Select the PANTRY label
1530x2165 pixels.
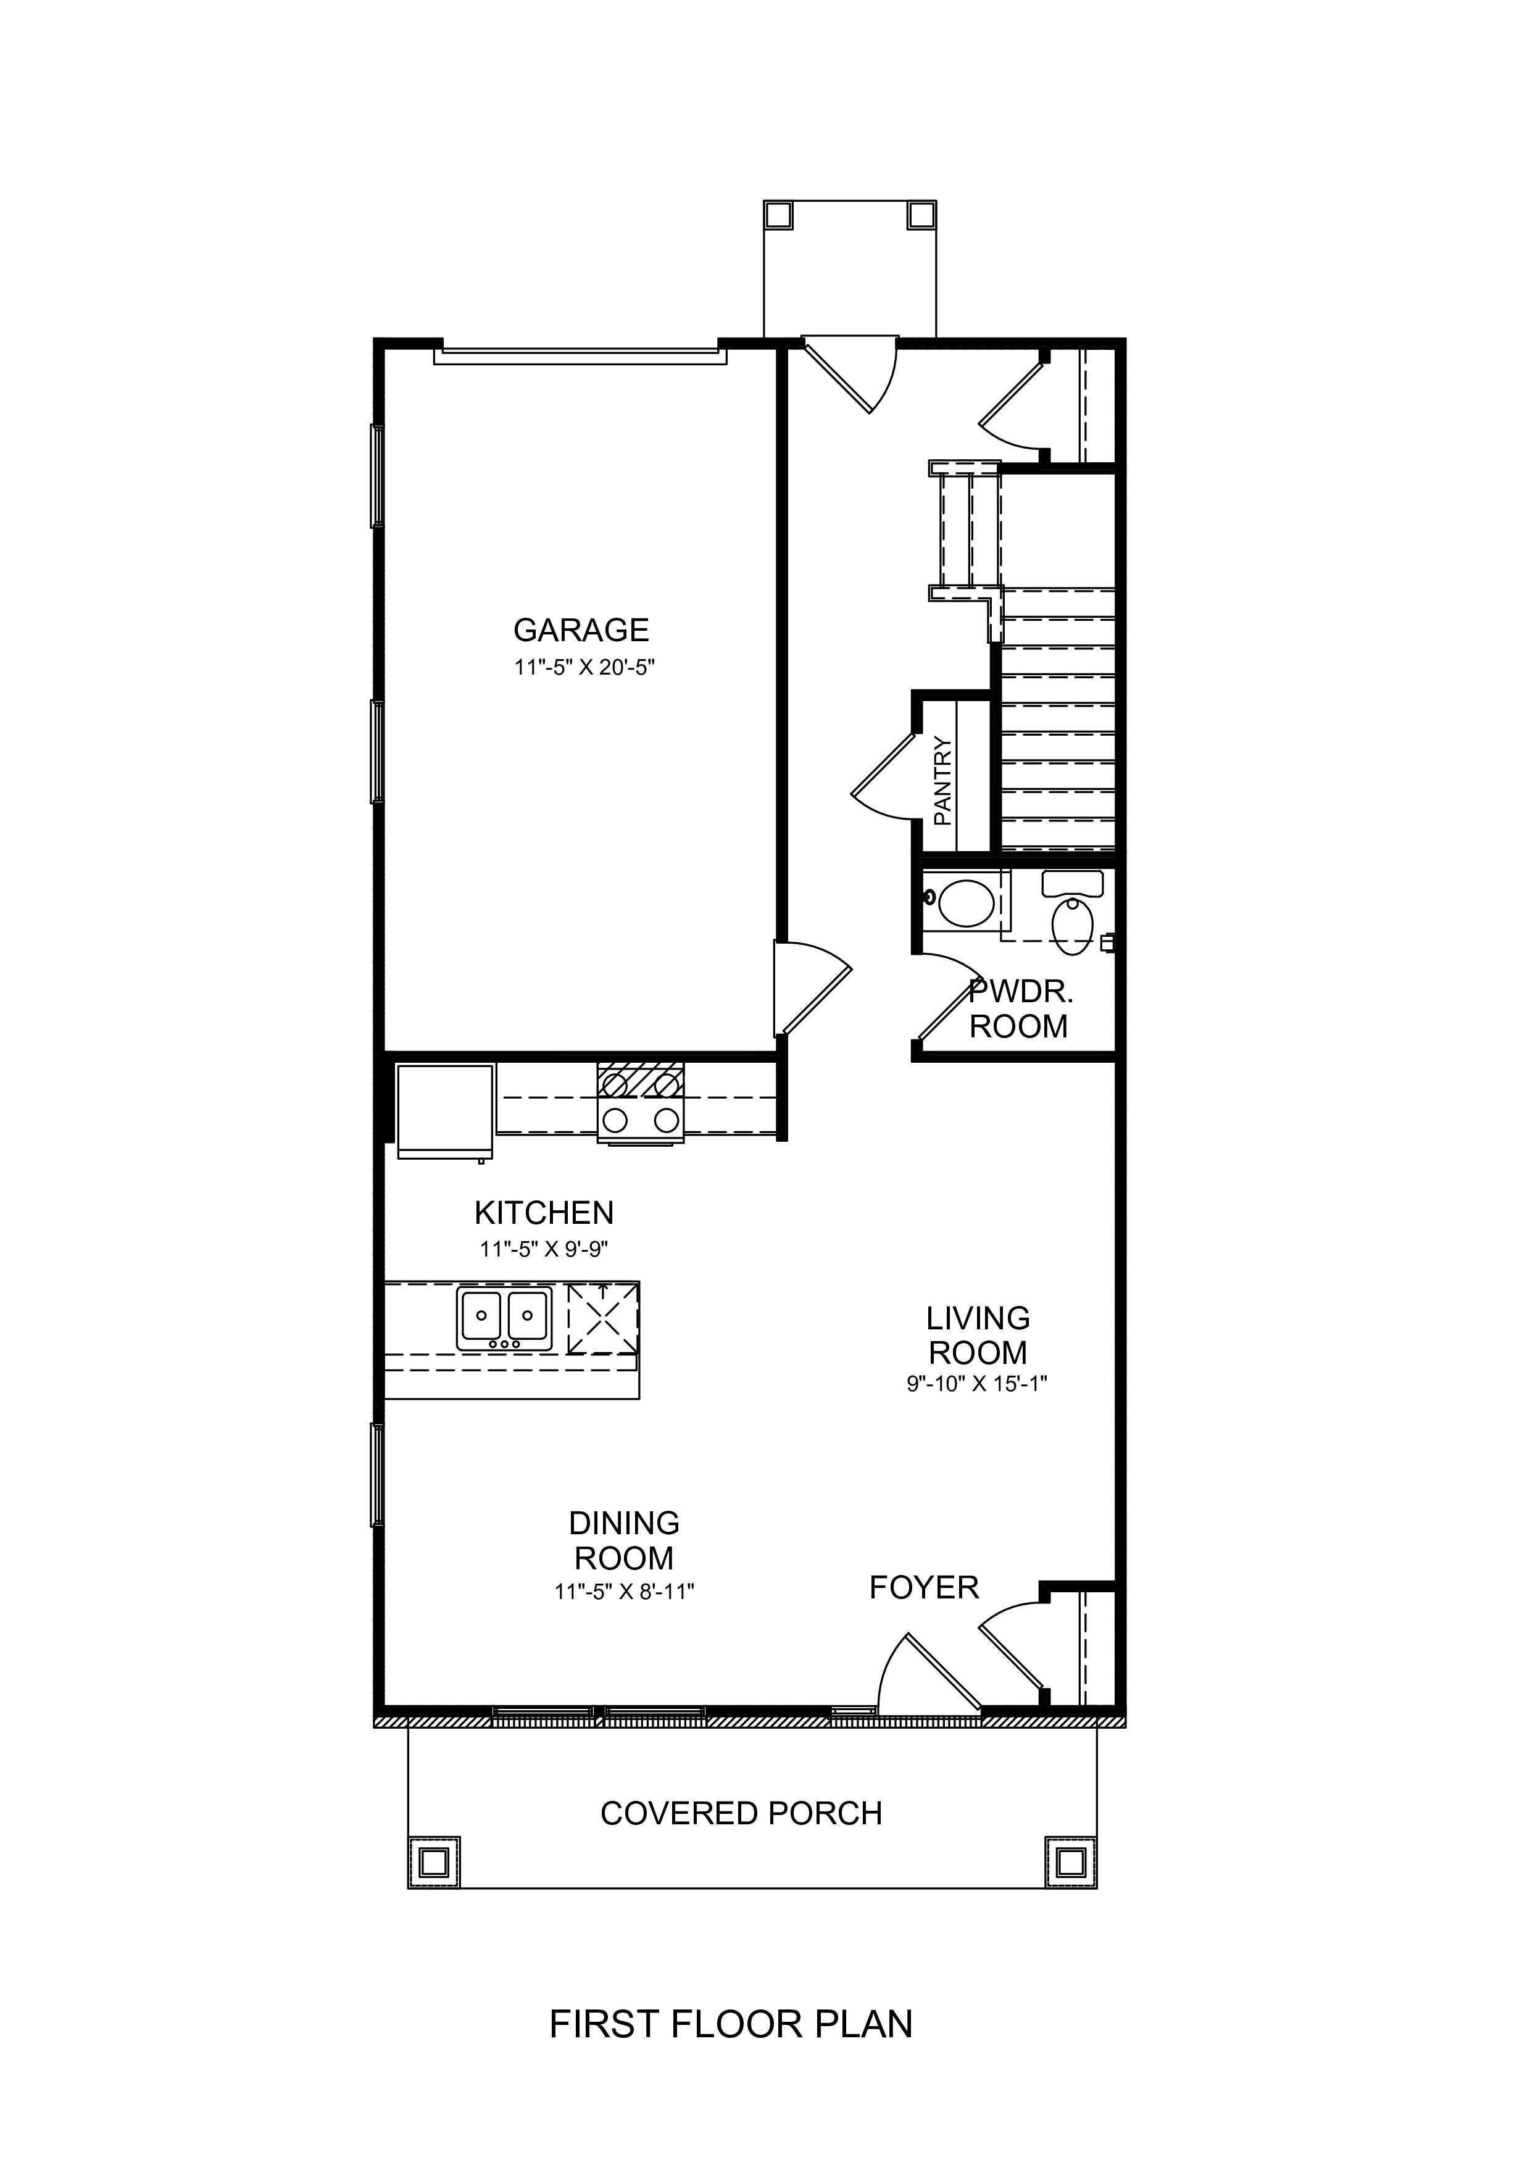point(942,781)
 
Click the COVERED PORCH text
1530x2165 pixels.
point(741,1813)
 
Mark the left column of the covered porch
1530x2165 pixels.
point(434,1863)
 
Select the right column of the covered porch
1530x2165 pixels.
point(1071,1863)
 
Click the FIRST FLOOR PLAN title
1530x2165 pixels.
point(731,2024)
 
